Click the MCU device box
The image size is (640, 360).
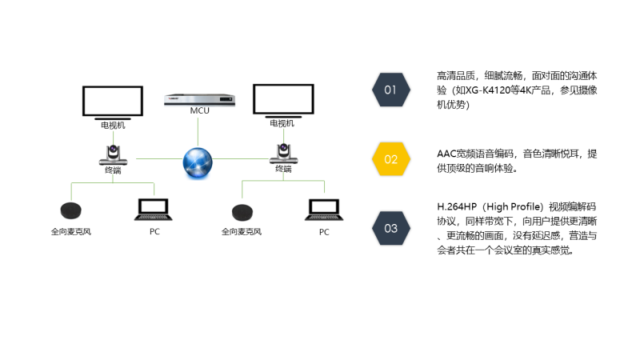coord(199,99)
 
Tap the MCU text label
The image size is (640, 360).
coord(199,110)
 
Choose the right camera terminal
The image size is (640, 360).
coord(283,152)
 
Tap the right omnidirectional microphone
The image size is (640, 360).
coord(242,212)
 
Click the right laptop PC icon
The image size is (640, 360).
coord(324,209)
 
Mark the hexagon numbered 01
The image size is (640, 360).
coord(390,90)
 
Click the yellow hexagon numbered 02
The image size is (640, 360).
coord(390,159)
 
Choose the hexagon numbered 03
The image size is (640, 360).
coord(390,229)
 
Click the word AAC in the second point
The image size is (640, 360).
coord(446,153)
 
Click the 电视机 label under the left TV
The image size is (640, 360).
coord(112,125)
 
